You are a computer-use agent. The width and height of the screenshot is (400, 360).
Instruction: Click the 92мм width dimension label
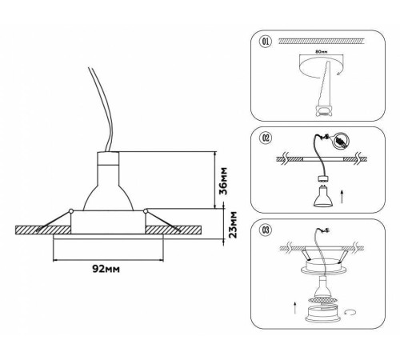click(x=106, y=269)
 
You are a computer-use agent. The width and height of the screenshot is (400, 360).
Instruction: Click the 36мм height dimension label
click(x=224, y=181)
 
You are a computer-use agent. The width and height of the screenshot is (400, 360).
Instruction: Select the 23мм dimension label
click(x=233, y=225)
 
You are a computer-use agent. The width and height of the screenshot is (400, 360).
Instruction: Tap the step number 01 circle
click(x=266, y=42)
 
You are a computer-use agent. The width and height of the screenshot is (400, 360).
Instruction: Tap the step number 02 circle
click(x=266, y=138)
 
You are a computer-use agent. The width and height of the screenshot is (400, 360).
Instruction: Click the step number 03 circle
click(x=266, y=230)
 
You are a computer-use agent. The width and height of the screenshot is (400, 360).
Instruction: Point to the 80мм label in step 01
click(x=321, y=52)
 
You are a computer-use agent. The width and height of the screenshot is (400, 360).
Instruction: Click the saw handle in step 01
click(x=323, y=110)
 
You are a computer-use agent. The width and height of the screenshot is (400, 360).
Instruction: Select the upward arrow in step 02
click(x=342, y=197)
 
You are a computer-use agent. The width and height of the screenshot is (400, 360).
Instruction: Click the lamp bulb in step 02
click(x=323, y=196)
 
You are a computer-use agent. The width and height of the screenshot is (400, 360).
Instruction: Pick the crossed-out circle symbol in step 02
click(x=342, y=141)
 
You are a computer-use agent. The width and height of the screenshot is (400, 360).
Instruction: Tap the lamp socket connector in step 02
click(x=323, y=178)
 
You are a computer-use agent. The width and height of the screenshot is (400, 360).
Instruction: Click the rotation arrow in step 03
click(x=350, y=312)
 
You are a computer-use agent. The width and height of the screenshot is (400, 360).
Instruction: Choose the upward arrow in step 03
click(x=294, y=307)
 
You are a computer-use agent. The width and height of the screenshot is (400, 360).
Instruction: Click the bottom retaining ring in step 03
click(x=322, y=314)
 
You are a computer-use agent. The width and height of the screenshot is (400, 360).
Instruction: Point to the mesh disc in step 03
click(x=322, y=301)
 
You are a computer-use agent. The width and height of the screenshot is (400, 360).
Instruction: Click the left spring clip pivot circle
click(x=71, y=211)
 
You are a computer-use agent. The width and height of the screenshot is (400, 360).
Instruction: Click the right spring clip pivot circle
click(x=146, y=211)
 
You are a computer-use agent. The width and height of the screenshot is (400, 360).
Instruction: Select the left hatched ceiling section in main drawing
click(x=43, y=230)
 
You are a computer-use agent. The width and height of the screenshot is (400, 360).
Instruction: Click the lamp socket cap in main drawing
click(x=108, y=158)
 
